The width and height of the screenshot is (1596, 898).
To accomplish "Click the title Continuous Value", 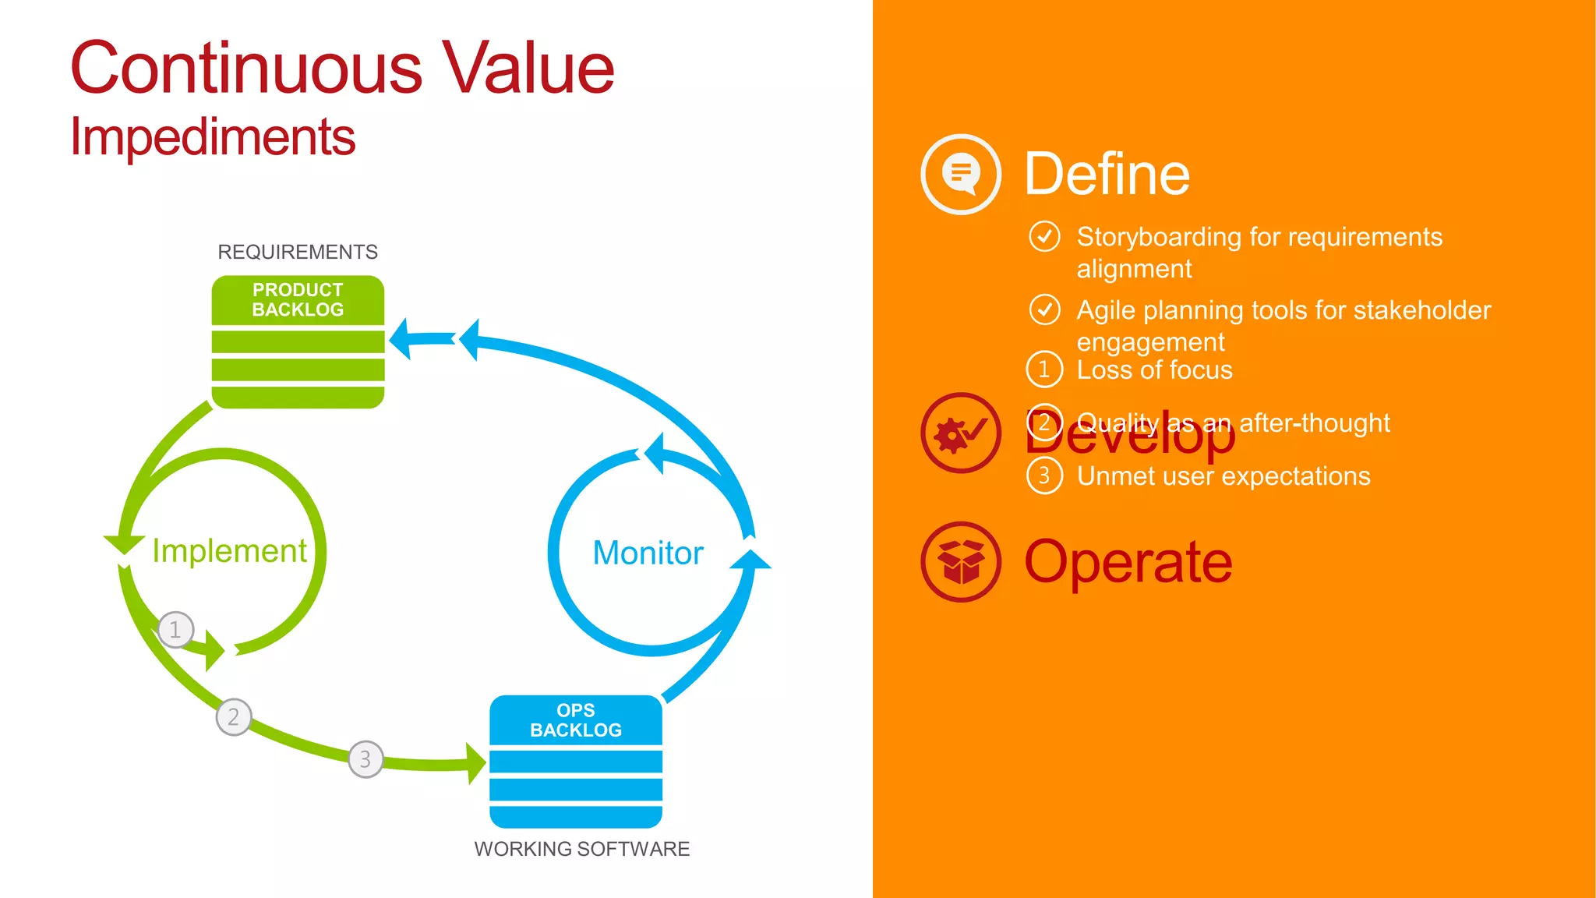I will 342,69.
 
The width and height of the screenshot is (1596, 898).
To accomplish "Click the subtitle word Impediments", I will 213,137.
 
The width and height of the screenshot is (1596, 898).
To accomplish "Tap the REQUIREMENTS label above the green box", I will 297,252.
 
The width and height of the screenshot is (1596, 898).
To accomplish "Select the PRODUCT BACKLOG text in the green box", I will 298,299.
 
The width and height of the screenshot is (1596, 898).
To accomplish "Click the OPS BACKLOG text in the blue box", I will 576,720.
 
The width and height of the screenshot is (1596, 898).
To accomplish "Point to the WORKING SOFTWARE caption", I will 581,849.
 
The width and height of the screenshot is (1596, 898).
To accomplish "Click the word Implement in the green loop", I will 229,551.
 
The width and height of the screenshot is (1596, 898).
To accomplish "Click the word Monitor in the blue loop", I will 648,553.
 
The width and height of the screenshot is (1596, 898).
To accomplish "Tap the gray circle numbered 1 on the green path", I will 175,630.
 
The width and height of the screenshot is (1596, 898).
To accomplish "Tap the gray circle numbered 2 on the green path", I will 233,717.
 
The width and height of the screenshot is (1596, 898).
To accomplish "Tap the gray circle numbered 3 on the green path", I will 365,759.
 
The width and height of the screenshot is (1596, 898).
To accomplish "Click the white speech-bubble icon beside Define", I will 961,174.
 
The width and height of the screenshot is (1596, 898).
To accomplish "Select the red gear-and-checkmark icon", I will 961,433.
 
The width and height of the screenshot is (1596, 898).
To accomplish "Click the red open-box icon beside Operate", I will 961,561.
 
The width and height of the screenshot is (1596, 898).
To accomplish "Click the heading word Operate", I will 1128,561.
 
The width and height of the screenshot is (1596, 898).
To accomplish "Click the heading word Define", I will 1107,174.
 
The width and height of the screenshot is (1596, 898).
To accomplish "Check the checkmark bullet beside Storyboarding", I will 1044,236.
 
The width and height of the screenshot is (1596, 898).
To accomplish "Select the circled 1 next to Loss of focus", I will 1044,369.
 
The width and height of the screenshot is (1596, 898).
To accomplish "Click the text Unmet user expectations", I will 1223,476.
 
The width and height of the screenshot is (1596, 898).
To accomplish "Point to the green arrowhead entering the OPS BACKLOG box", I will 475,763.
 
